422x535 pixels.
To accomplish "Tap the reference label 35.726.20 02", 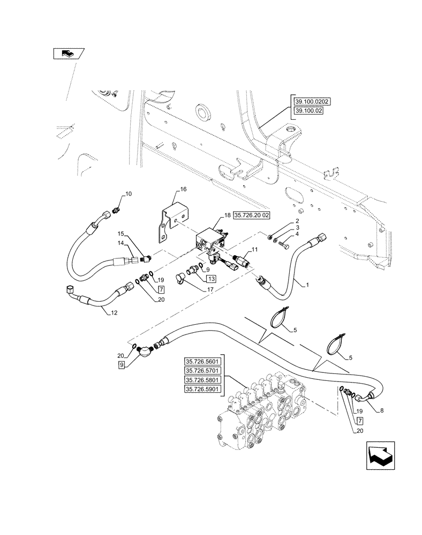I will [x=252, y=215].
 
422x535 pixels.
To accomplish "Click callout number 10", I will [x=129, y=193].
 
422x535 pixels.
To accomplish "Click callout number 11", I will [x=254, y=249].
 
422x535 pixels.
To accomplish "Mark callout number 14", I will [x=121, y=243].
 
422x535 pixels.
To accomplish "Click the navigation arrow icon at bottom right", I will [x=381, y=457].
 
